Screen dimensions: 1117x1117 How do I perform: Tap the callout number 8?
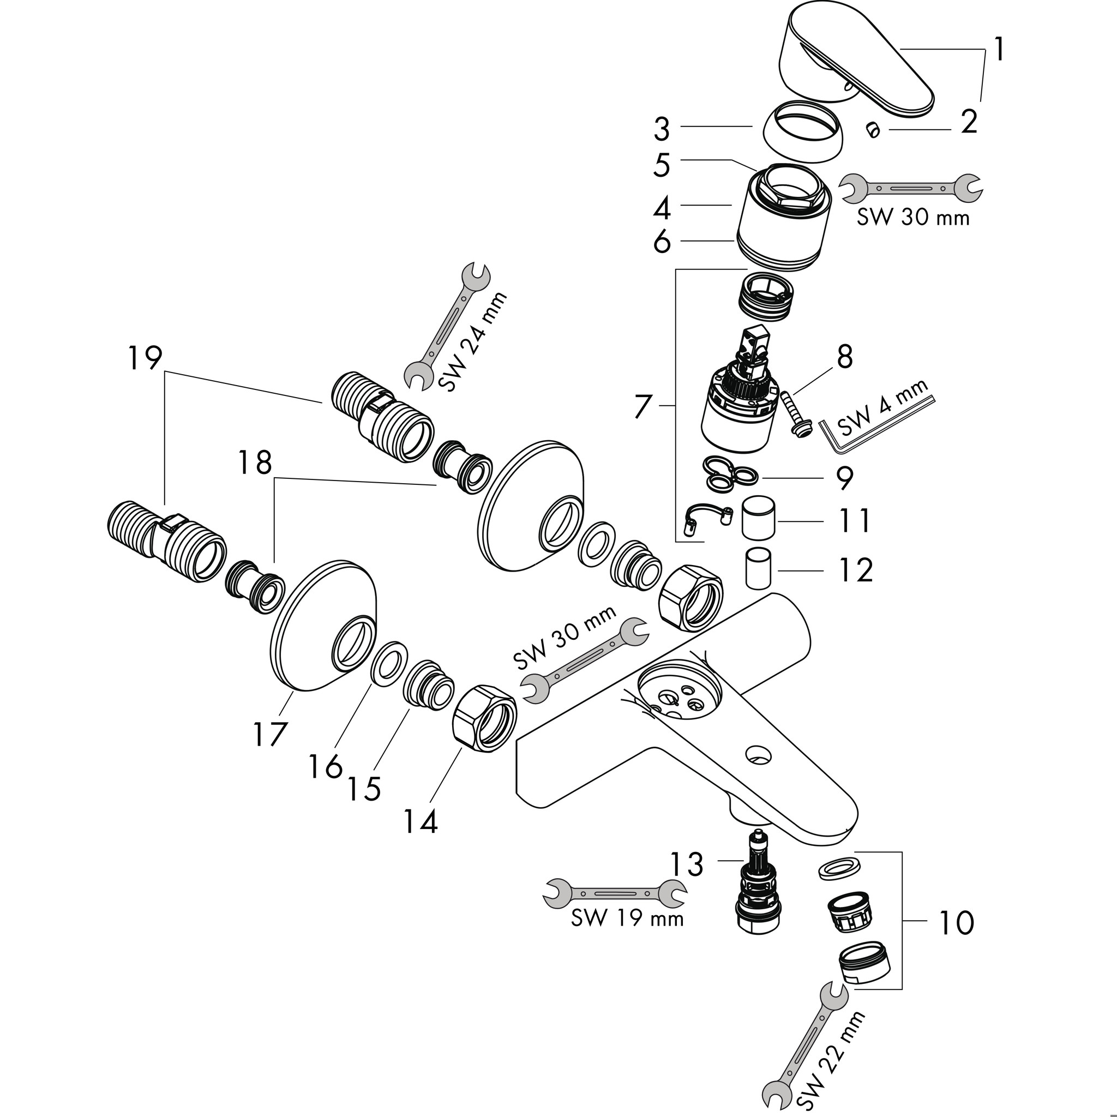click(x=845, y=357)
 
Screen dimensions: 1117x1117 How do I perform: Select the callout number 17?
click(x=269, y=735)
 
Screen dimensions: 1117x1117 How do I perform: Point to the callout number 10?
click(x=957, y=923)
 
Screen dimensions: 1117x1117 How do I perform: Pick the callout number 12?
click(x=856, y=570)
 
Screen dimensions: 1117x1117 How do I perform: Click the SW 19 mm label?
click(x=627, y=918)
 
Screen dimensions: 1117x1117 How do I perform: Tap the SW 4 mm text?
click(x=882, y=407)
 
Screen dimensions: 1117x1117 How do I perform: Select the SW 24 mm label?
click(x=472, y=343)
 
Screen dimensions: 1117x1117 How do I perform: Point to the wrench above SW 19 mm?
click(x=615, y=894)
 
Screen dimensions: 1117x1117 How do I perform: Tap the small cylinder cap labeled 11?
click(x=758, y=516)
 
